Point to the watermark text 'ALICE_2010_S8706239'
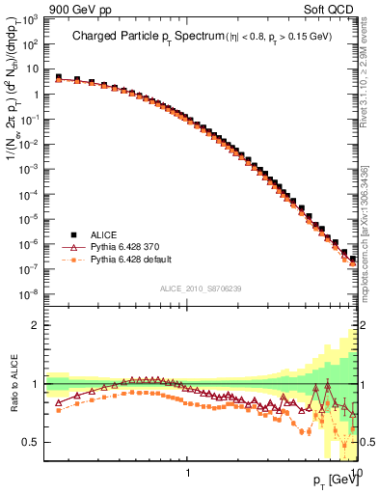coord(203,288)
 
